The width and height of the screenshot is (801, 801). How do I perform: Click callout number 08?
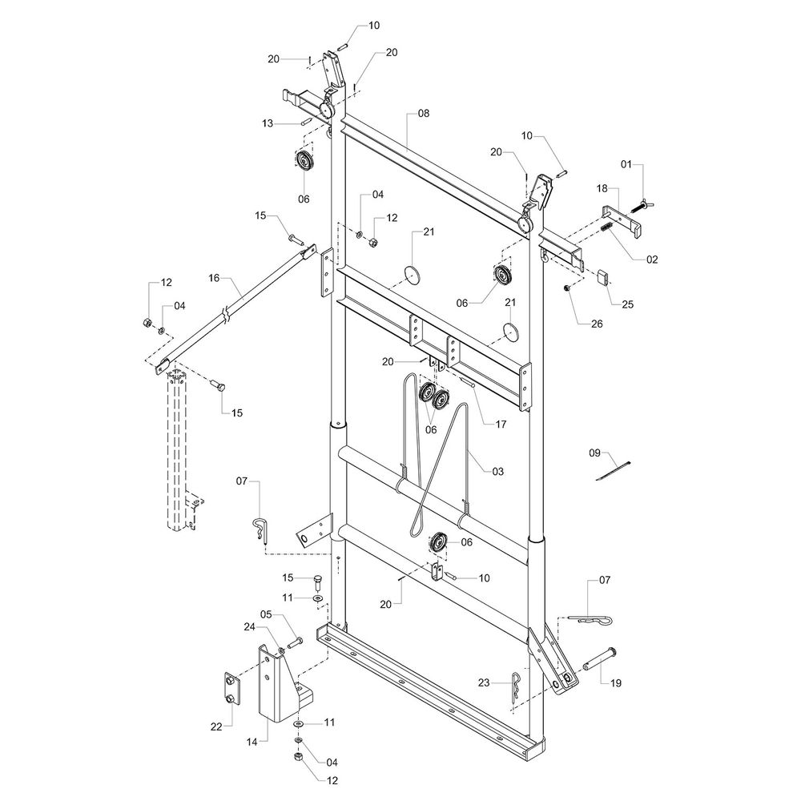[x=424, y=114]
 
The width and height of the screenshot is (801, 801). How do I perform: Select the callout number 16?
[x=213, y=278]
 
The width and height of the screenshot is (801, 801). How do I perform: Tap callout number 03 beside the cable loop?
[x=497, y=472]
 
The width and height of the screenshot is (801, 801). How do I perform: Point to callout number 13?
[x=268, y=123]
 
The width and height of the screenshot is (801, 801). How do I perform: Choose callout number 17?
[x=500, y=424]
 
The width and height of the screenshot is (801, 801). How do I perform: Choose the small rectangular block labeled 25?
[x=603, y=278]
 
